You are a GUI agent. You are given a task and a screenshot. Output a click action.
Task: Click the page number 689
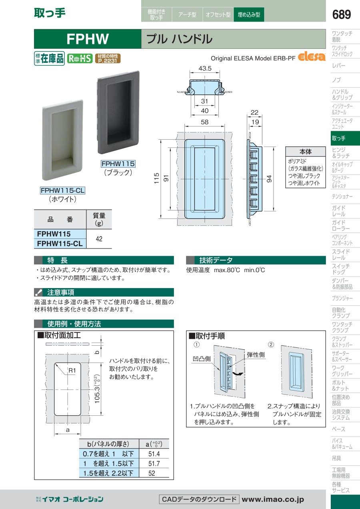(341, 14)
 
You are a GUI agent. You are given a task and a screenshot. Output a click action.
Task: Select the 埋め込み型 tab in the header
(249, 14)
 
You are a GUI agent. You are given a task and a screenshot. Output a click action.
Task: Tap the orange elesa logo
(311, 57)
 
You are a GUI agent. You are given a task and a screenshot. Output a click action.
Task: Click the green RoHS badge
(80, 58)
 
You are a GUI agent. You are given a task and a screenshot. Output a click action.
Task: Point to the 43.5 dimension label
(205, 68)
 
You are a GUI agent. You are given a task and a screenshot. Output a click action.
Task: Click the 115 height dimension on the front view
(156, 178)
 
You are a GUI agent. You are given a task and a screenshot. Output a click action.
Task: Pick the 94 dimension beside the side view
(269, 179)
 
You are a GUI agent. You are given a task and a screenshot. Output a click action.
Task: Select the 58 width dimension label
(204, 122)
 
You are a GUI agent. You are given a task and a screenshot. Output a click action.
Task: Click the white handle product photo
(62, 140)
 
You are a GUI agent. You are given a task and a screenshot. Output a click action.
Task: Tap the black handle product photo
(118, 112)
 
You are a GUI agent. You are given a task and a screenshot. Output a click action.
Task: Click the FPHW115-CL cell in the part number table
(60, 244)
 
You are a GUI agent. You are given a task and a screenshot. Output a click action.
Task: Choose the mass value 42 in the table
(99, 239)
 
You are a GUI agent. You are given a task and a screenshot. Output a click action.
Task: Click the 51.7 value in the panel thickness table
(154, 463)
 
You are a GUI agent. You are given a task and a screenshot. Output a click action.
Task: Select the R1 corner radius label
(72, 371)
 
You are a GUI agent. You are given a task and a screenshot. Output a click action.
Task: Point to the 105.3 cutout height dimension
(97, 389)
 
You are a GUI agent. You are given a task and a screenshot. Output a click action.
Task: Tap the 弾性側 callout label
(256, 355)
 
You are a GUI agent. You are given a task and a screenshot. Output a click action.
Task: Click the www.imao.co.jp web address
(273, 499)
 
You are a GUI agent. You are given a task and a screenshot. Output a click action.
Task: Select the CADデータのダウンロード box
(199, 499)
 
